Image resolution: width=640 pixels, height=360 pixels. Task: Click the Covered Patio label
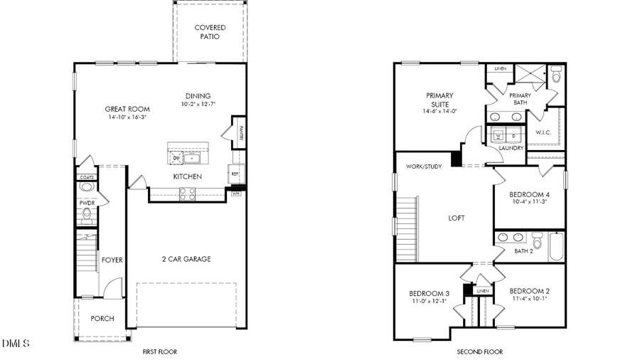click(x=210, y=32)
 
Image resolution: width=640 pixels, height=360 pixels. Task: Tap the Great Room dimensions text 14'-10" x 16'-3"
click(x=126, y=117)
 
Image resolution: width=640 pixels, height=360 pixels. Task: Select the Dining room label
click(x=198, y=96)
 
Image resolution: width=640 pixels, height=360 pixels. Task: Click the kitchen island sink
click(x=192, y=158)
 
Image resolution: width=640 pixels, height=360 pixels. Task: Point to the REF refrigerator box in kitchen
click(x=233, y=173)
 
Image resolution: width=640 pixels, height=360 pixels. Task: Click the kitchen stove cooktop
click(x=188, y=191)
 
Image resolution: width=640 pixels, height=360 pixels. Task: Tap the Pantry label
click(x=240, y=136)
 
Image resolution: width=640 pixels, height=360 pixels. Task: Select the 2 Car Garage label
click(x=186, y=259)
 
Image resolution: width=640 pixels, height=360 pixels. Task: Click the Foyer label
click(x=112, y=260)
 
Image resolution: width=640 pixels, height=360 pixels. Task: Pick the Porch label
click(x=102, y=318)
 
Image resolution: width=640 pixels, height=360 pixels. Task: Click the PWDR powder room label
click(x=87, y=203)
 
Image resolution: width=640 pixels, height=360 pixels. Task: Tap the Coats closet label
click(x=86, y=177)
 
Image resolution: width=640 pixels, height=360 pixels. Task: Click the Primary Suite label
click(x=440, y=99)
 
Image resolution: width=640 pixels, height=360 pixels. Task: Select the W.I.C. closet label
click(x=544, y=132)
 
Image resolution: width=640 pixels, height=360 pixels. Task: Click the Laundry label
click(x=511, y=148)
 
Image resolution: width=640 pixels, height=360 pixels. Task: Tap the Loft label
click(x=456, y=218)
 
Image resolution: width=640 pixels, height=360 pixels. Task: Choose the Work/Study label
click(x=424, y=166)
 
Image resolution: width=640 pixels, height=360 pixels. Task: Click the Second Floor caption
click(x=479, y=351)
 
